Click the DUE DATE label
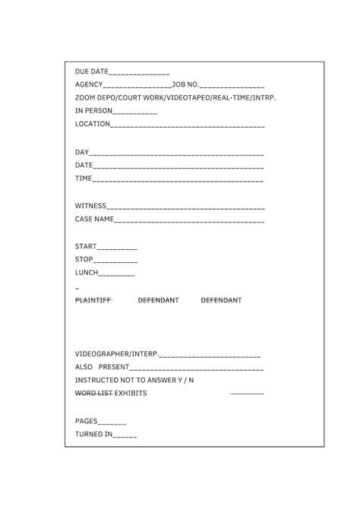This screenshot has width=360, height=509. coord(92,71)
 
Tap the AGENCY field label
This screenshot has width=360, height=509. coord(89,85)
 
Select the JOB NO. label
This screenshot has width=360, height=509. coord(186,85)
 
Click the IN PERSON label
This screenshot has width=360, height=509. coord(93,111)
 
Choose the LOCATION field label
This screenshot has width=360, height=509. coord(93,124)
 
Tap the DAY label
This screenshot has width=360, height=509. coord(82,152)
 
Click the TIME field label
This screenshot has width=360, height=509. coord(84,179)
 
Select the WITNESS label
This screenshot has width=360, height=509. coord(90,206)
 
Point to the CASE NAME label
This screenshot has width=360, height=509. coord(94,219)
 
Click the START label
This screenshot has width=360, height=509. coord(86,247)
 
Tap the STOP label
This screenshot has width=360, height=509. coord(84,260)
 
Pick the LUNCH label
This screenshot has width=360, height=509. coord(87,273)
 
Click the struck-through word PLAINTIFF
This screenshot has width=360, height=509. coord(93,300)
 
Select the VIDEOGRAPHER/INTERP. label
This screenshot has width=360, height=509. coord(117,354)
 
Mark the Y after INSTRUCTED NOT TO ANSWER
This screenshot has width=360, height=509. coord(179,380)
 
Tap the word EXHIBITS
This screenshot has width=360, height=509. coord(131,393)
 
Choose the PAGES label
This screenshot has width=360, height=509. coord(87,420)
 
